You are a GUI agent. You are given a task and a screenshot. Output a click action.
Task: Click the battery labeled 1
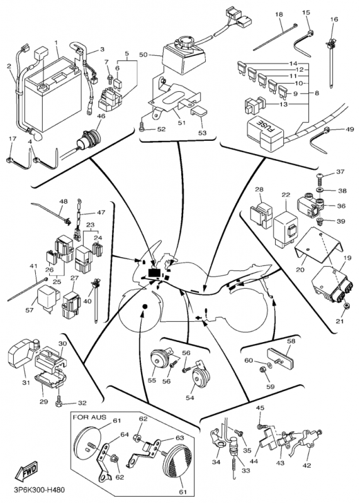click(x=53, y=93)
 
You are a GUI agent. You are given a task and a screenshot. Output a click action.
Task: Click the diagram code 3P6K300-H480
click(x=39, y=490)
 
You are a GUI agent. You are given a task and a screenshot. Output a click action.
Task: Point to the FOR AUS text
click(x=89, y=417)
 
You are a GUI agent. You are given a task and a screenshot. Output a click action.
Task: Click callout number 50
click(x=143, y=55)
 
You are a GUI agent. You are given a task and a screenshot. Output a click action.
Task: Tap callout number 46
click(x=101, y=116)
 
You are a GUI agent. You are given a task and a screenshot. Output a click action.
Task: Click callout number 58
click(x=291, y=341)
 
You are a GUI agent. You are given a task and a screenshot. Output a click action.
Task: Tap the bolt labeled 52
click(x=142, y=128)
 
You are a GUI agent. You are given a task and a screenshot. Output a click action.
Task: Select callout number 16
click(x=334, y=19)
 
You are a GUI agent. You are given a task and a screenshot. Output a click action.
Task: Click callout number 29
click(x=43, y=401)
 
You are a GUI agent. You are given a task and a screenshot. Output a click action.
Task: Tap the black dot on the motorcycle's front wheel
click(x=144, y=307)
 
